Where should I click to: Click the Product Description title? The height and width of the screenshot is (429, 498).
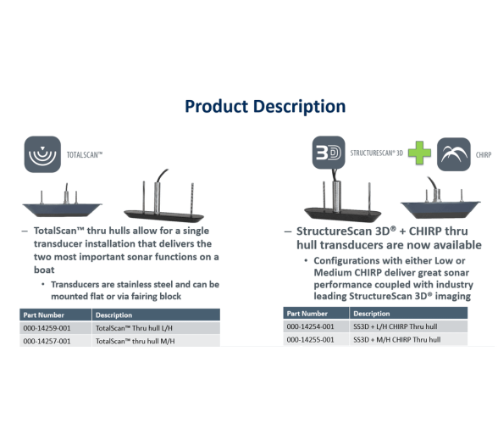point(265,107)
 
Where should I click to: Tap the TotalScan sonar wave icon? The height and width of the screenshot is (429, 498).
point(42,154)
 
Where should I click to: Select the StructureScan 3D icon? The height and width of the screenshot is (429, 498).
point(329,153)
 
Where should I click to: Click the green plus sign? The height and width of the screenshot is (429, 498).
point(419,153)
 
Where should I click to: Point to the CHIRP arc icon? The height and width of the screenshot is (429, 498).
point(454,154)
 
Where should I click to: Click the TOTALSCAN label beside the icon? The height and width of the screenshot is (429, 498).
point(85,155)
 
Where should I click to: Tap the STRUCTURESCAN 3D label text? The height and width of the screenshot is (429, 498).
point(376,153)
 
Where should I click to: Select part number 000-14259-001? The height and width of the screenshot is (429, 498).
point(47,328)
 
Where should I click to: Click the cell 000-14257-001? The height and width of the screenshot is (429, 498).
point(47,341)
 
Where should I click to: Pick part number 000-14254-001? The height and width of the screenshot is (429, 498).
point(310,326)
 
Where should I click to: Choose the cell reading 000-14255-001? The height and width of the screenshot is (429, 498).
point(310,340)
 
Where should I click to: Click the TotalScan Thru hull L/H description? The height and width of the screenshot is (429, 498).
point(134,328)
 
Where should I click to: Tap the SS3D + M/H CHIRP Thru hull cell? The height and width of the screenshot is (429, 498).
point(396,340)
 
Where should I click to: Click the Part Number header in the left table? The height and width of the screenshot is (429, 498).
point(43,315)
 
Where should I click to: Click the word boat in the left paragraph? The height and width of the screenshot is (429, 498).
point(44,270)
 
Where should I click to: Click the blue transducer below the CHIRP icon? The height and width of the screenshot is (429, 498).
point(440,203)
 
